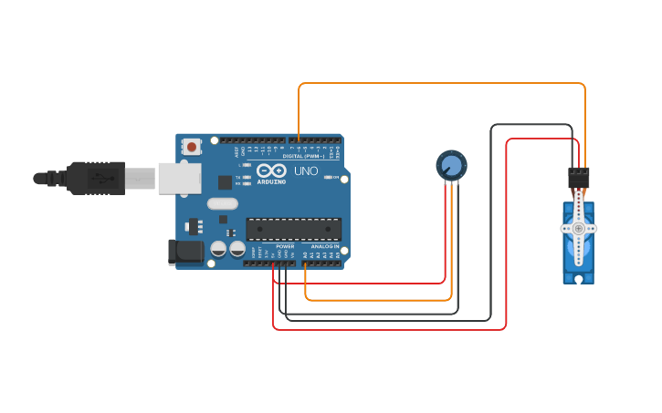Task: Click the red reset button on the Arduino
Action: (x=192, y=146)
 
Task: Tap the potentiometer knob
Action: (x=450, y=165)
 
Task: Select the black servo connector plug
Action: (x=579, y=177)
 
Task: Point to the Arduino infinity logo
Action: (x=271, y=170)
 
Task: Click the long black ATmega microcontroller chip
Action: (x=293, y=230)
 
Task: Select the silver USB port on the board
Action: (x=179, y=178)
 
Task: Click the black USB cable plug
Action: (x=95, y=178)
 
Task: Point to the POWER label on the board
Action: (x=285, y=246)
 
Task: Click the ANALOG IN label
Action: (x=324, y=246)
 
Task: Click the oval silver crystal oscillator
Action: (x=222, y=204)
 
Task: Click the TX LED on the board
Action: (x=247, y=177)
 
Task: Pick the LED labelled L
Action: (x=247, y=165)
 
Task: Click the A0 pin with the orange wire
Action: (x=305, y=263)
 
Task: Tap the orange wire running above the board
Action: (x=438, y=84)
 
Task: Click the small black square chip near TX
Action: (x=223, y=219)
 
